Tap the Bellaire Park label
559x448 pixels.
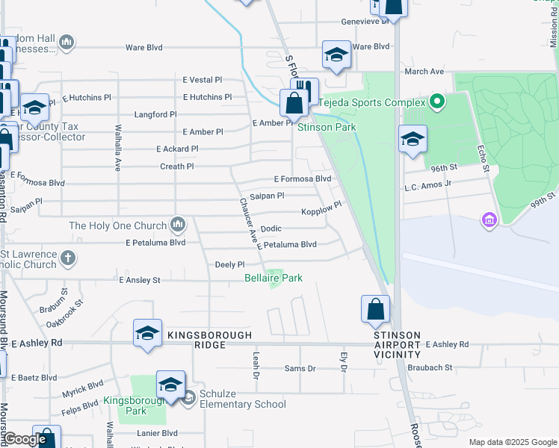point(274,278)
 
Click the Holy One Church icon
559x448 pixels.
point(178,224)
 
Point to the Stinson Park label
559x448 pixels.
point(327,127)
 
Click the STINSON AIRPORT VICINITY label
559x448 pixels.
point(398,345)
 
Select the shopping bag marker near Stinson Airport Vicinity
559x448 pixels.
point(375,309)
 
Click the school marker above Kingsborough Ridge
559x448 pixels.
point(148,333)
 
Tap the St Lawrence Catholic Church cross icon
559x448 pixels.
point(68,258)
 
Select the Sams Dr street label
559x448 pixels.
point(300,369)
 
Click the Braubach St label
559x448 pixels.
point(430,367)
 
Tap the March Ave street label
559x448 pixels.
point(424,72)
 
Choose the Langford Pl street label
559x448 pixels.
point(155,115)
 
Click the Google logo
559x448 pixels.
point(25,439)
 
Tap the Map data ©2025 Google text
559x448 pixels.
point(512,442)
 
